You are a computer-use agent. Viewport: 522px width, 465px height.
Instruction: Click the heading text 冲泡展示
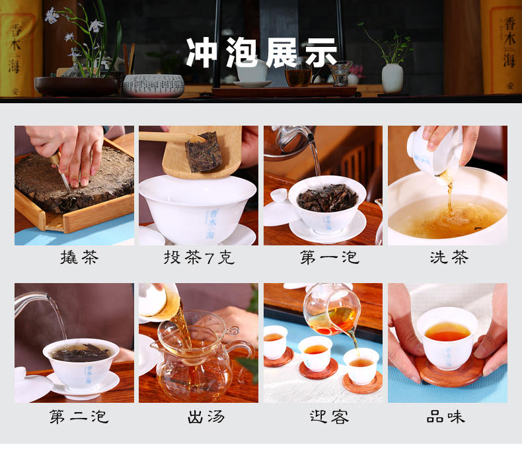262,53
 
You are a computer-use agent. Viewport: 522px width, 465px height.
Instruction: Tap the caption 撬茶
79,257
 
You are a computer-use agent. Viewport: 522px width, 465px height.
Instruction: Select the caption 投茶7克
199,257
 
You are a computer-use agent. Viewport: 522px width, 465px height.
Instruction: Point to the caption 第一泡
330,257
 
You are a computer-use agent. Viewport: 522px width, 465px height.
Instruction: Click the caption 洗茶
449,257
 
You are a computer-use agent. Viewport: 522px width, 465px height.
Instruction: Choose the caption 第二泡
79,417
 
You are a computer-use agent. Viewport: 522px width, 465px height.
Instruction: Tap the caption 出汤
206,417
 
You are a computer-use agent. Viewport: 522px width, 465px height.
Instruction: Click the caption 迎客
329,417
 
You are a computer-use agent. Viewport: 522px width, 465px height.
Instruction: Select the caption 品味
445,417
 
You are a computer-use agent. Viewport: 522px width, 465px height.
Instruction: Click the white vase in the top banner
392,78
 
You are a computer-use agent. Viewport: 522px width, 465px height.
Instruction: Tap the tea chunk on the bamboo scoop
204,152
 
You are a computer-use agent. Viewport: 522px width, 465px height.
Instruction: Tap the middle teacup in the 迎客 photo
315,353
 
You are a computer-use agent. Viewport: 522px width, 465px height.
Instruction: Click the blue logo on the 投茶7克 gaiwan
211,224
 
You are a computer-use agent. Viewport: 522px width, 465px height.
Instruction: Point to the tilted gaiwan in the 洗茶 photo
434,151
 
